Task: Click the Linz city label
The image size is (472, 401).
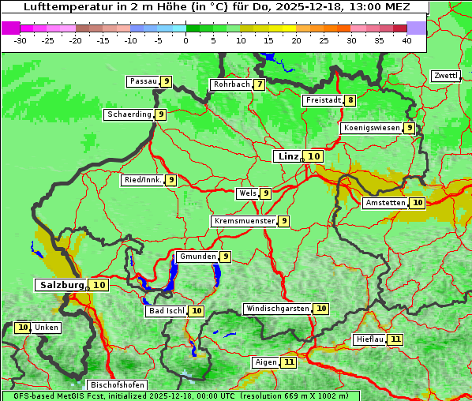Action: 288,156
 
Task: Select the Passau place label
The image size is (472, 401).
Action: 144,81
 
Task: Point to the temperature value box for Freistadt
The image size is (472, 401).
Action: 350,100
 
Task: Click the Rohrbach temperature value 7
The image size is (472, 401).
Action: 259,84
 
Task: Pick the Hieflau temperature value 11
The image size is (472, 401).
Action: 395,339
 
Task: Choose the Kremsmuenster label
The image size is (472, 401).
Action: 244,221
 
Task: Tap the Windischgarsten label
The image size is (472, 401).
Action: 277,309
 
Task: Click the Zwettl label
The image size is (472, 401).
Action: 445,76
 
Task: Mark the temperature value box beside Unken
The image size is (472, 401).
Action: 22,328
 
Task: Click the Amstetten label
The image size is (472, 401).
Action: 385,203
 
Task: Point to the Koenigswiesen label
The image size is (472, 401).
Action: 371,128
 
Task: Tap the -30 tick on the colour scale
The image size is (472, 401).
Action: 21,40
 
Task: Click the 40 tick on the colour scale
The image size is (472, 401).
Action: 406,40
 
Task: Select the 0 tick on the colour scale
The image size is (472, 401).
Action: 186,40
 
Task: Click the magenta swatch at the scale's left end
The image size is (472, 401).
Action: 10,28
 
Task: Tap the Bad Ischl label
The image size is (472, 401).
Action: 166,311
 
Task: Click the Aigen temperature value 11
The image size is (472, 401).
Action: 289,362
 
